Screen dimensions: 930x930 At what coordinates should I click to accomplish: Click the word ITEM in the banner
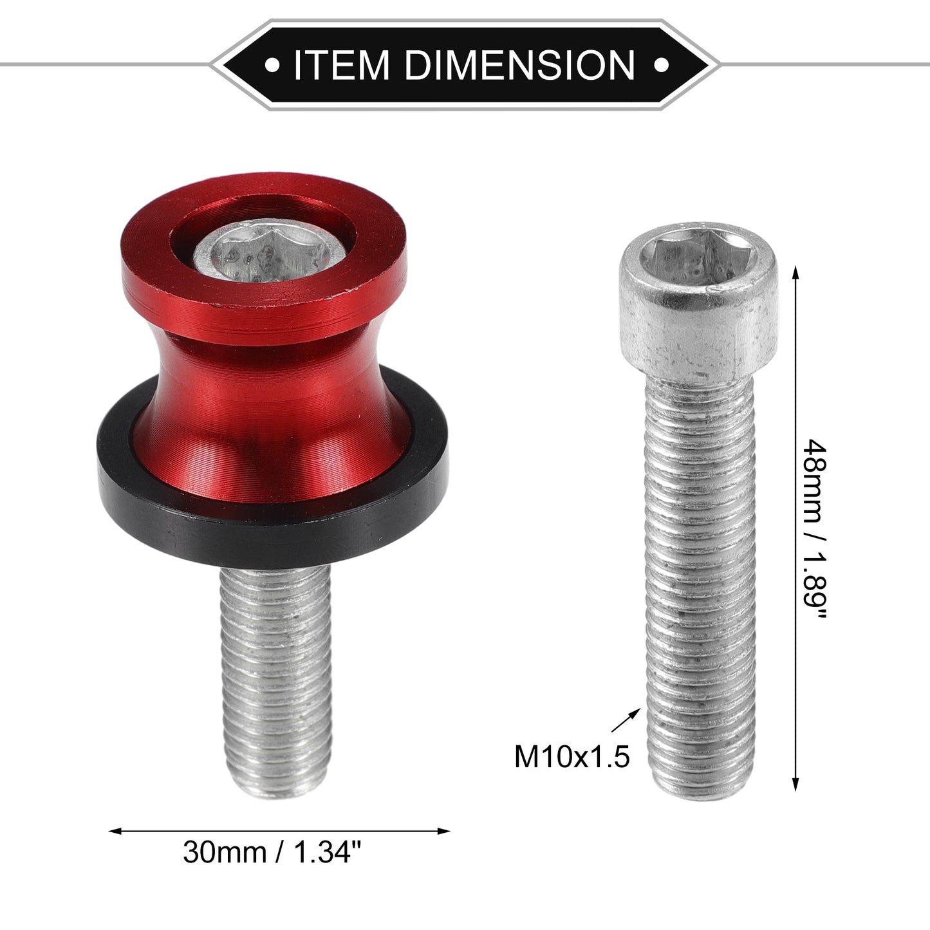[341, 65]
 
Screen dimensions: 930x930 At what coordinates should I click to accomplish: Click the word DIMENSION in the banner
[521, 65]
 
